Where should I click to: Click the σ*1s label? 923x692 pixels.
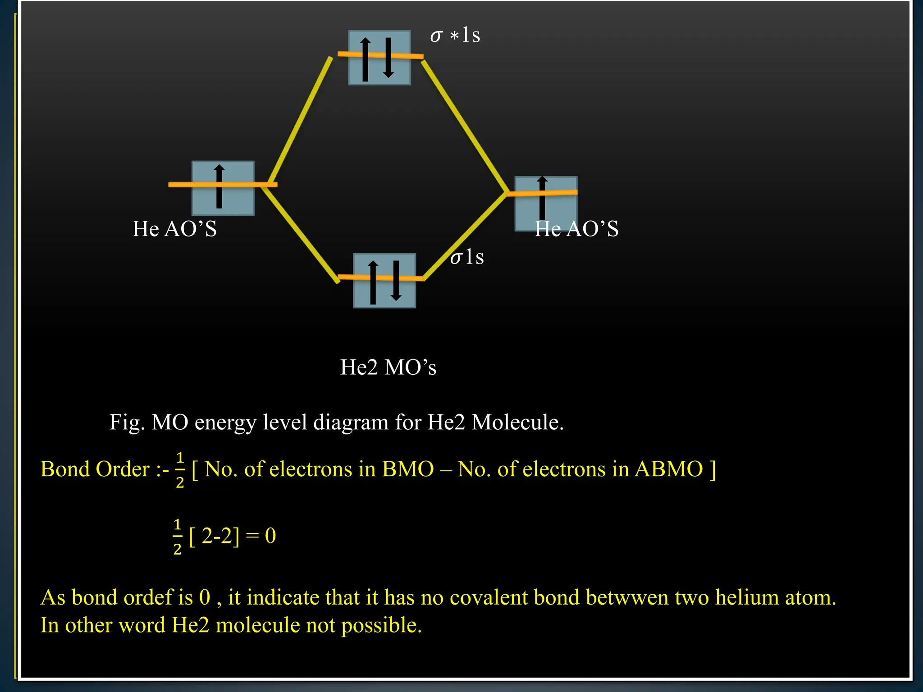(455, 35)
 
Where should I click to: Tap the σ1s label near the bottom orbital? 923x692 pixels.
(467, 257)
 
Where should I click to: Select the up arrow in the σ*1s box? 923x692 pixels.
(366, 59)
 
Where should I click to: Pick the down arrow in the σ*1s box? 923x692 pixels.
(388, 58)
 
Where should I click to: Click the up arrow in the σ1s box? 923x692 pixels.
(373, 282)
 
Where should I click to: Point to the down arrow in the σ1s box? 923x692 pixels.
(396, 280)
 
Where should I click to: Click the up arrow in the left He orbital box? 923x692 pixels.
(219, 187)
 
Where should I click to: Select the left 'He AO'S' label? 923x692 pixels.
(174, 229)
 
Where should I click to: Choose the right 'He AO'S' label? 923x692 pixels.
(576, 229)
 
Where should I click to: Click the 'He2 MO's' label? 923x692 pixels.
(388, 367)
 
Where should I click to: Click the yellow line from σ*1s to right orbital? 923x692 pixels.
(464, 126)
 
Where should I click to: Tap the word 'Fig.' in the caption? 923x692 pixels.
(127, 423)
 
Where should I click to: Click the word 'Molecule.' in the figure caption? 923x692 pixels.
(518, 423)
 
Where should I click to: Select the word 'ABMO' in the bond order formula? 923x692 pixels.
(669, 469)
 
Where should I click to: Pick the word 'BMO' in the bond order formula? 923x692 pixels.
(408, 469)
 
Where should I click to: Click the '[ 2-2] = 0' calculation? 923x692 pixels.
(232, 536)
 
